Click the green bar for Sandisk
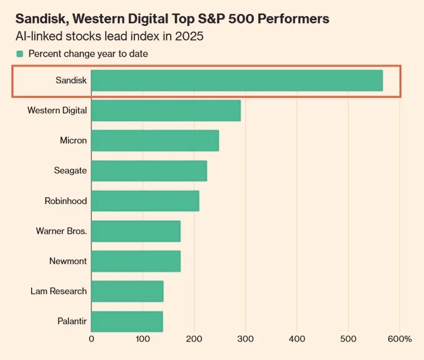click(x=237, y=81)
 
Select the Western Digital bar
click(x=166, y=110)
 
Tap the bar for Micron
click(x=155, y=141)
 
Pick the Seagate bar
click(x=149, y=171)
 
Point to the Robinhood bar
click(x=145, y=201)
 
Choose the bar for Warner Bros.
click(x=136, y=231)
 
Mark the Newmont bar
click(x=136, y=261)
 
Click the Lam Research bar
click(x=127, y=291)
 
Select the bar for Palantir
click(x=127, y=321)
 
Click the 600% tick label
click(x=399, y=339)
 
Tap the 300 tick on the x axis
click(x=245, y=339)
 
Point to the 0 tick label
click(x=91, y=339)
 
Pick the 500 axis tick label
click(x=348, y=339)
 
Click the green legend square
click(x=19, y=54)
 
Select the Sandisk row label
click(x=71, y=81)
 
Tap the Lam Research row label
click(x=58, y=291)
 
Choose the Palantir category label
click(x=72, y=321)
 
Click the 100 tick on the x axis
click(x=143, y=339)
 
